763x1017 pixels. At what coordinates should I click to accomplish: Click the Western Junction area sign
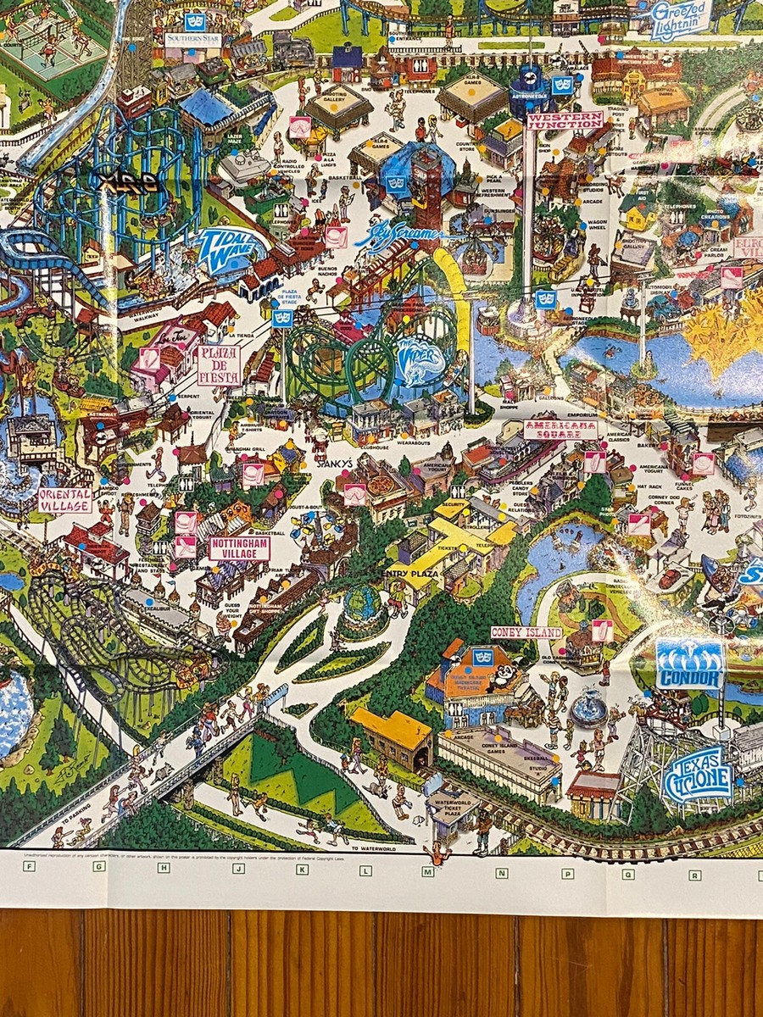(565, 120)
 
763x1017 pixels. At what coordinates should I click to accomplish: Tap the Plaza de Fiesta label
(219, 364)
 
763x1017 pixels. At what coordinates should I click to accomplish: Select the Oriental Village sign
(65, 499)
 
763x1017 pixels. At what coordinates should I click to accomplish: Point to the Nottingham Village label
(239, 548)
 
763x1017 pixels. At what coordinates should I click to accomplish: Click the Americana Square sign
(560, 430)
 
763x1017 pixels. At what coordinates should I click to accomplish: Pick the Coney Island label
(526, 632)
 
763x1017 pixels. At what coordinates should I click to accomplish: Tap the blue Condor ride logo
(690, 664)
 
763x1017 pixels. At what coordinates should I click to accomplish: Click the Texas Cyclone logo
(697, 773)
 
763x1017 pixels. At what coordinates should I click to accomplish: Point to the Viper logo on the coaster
(421, 360)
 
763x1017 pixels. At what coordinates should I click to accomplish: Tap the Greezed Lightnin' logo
(681, 21)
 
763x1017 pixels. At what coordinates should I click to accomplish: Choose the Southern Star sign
(192, 40)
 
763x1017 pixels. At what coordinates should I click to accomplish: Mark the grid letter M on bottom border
(428, 872)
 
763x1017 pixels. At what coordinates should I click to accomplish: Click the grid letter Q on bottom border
(628, 874)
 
